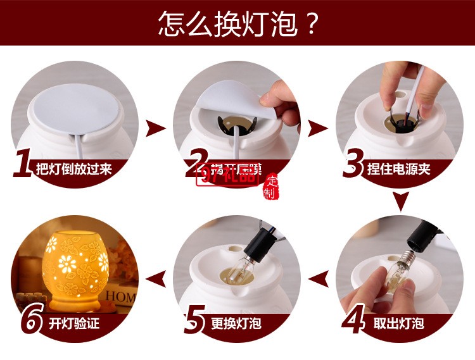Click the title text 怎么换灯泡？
point(237,24)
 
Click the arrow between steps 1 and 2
point(155,129)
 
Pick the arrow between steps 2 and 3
point(317,129)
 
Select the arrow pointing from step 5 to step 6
point(156,275)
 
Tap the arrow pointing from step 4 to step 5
point(319,275)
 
